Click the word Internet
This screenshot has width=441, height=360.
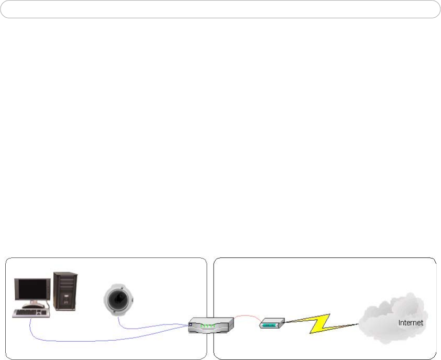point(411,323)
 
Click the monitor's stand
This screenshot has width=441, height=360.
point(35,304)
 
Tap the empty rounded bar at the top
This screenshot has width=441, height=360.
point(220,9)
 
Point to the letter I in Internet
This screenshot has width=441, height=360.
point(400,323)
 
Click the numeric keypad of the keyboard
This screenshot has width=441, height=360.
point(45,312)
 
